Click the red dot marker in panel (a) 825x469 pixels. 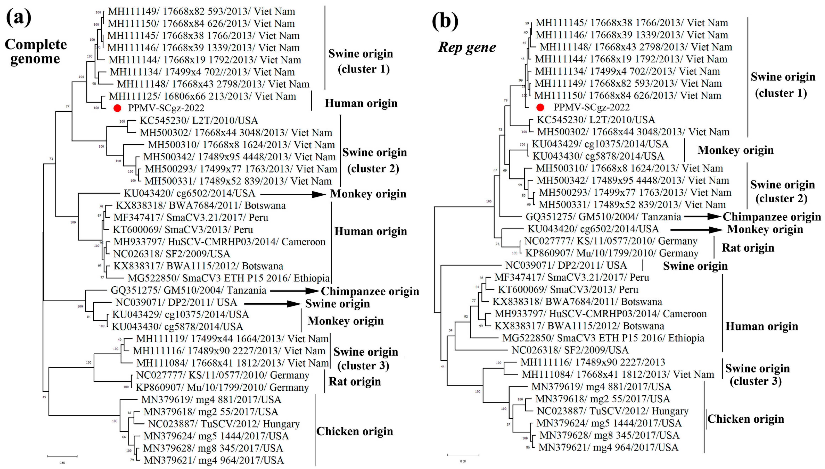(117, 108)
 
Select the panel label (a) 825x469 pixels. (19, 18)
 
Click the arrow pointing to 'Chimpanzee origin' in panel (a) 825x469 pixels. (294, 291)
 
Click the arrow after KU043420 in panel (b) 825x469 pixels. (696, 230)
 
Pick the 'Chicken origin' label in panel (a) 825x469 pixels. (354, 431)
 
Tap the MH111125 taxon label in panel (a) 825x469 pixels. (202, 96)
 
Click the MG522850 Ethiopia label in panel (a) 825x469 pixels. (228, 278)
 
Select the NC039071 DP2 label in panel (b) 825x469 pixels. (566, 265)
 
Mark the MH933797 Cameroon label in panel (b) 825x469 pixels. (601, 314)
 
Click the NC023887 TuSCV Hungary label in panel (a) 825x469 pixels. (224, 424)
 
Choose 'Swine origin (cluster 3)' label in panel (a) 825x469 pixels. (366, 358)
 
